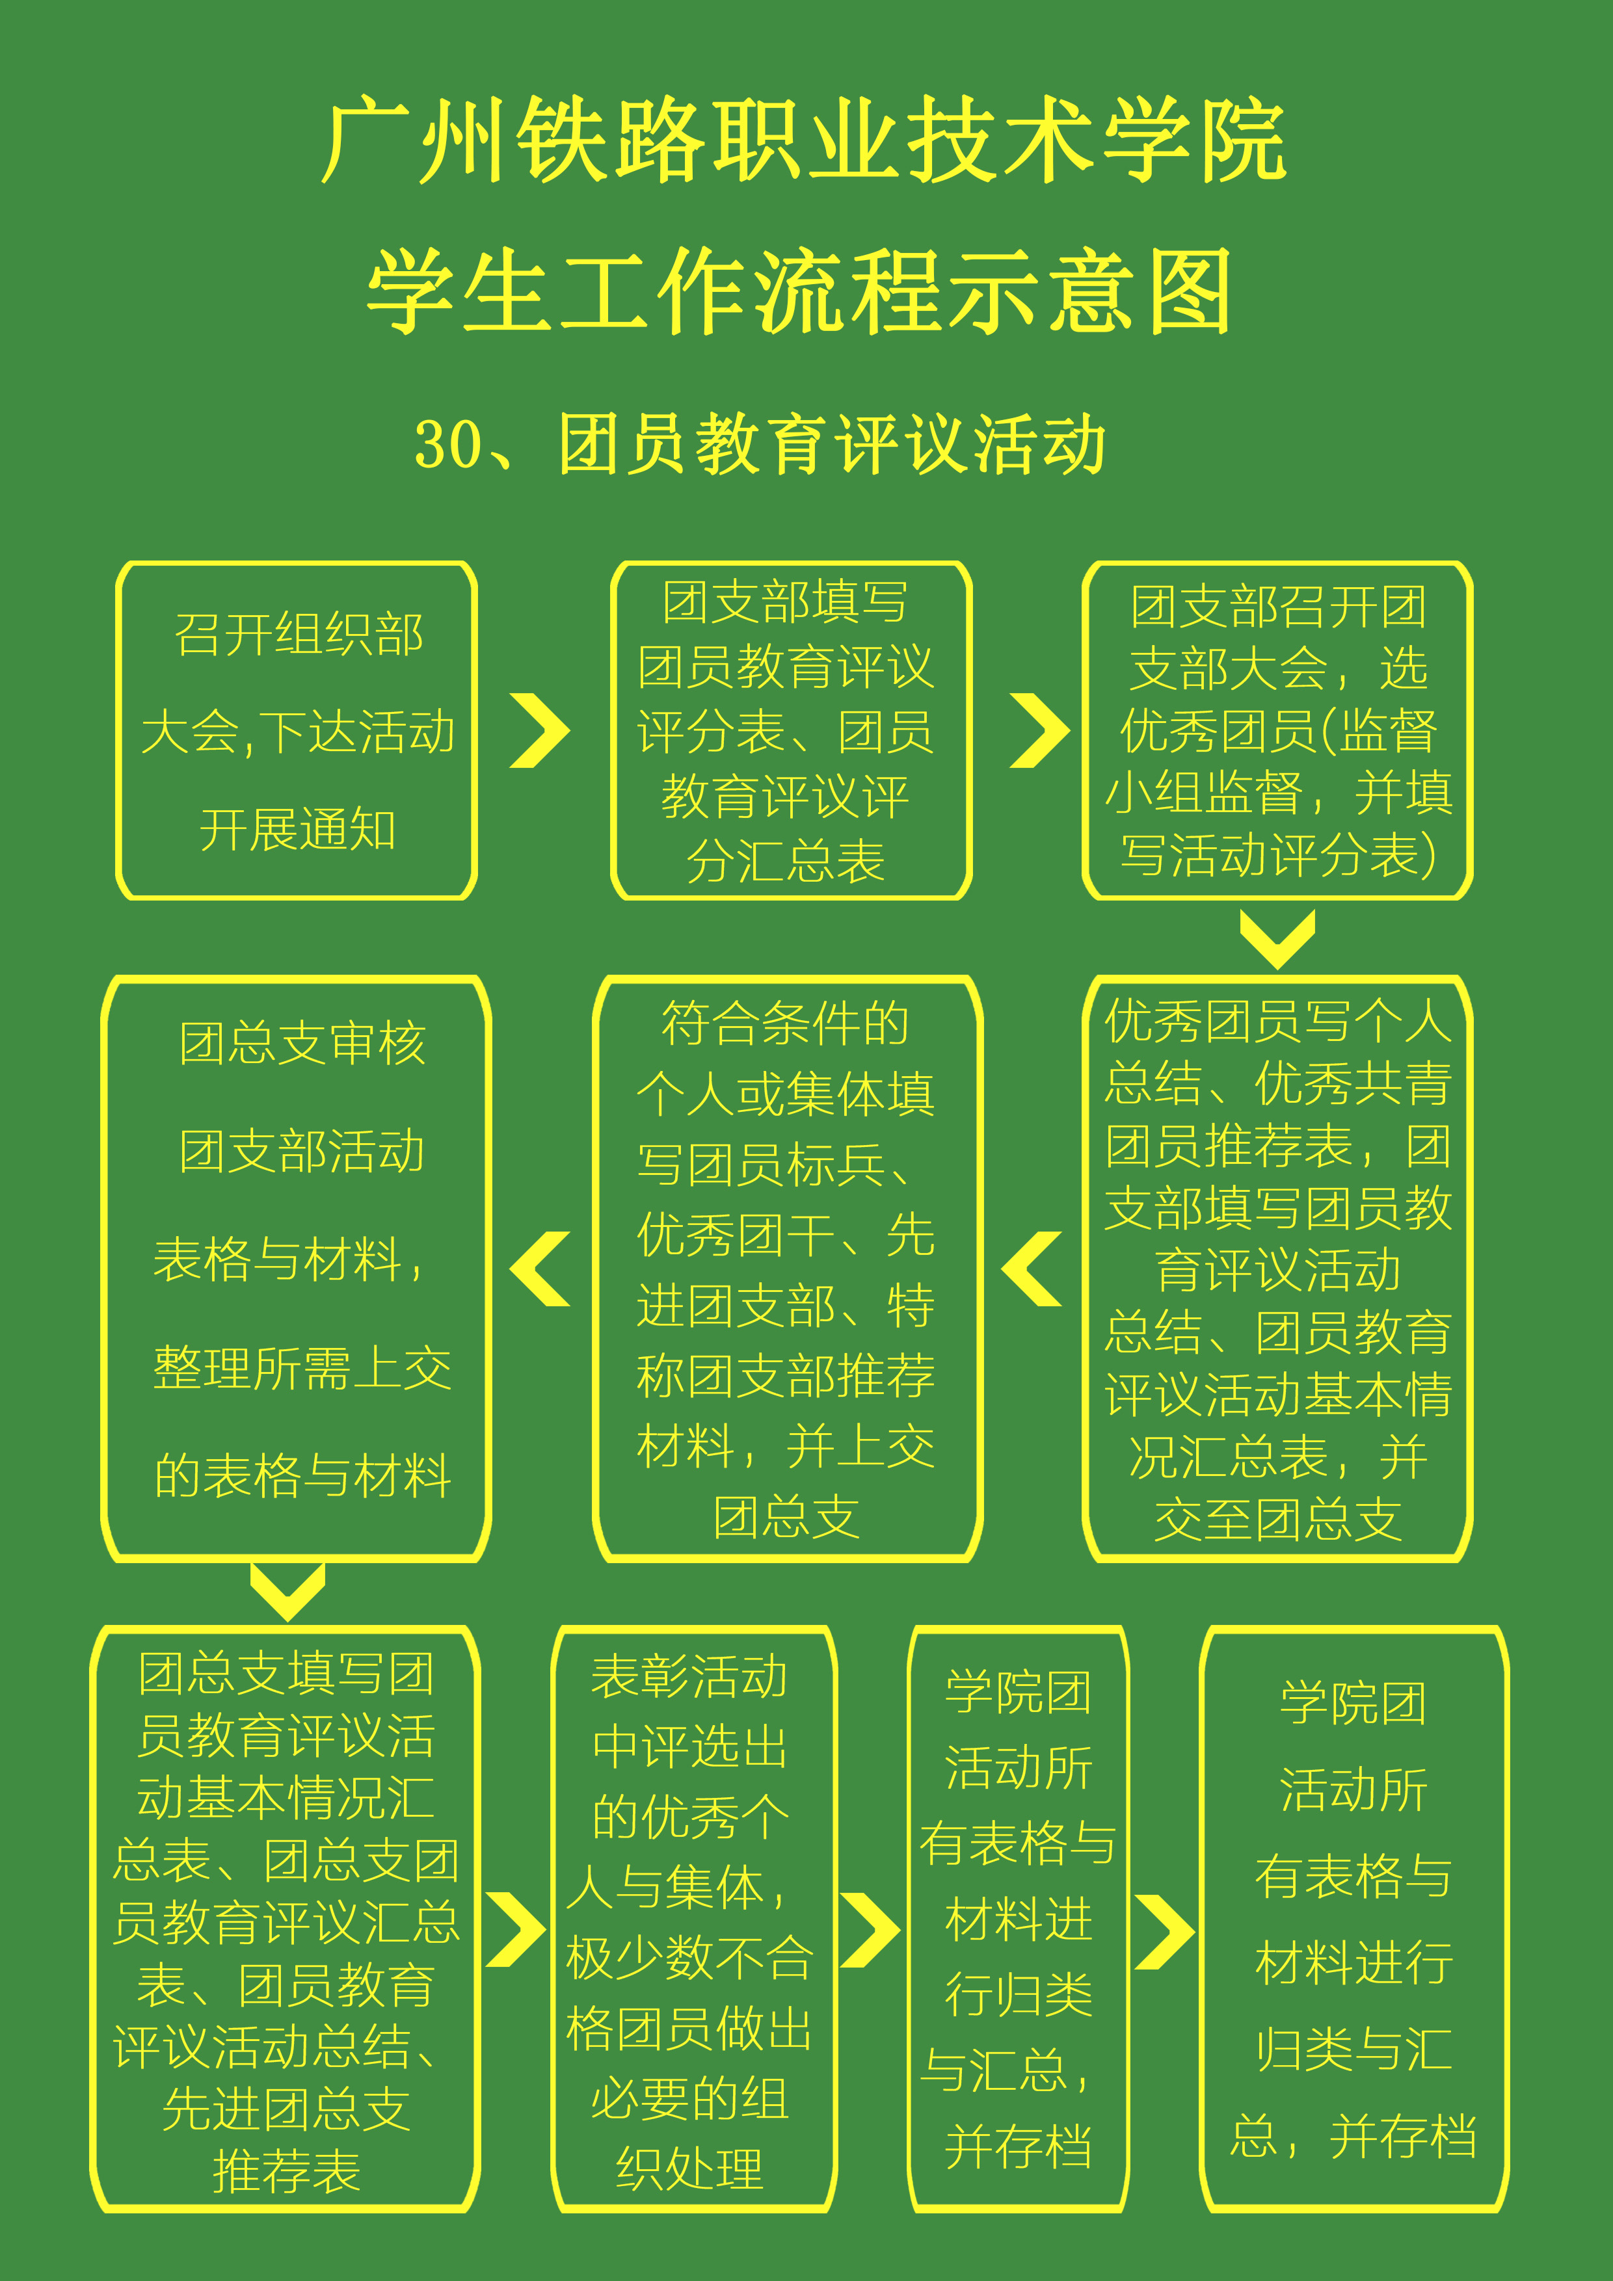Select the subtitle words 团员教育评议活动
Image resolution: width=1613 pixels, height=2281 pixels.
(833, 444)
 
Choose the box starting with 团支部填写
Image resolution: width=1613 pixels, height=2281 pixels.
(791, 730)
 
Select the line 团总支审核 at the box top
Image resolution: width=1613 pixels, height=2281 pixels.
(302, 1043)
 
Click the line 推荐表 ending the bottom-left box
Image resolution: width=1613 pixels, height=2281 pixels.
(286, 2170)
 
